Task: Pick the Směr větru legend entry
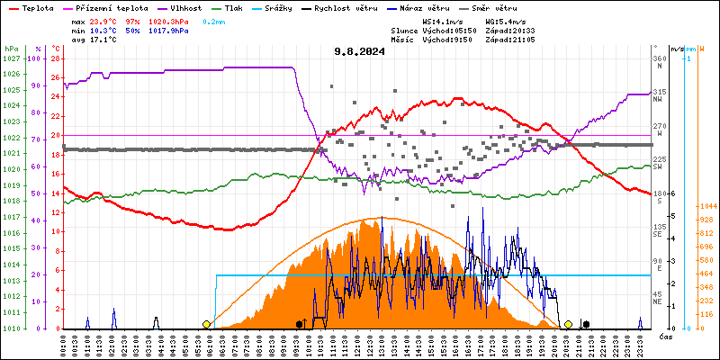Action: click(491, 7)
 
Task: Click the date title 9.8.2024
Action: click(358, 51)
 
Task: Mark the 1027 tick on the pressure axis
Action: click(11, 58)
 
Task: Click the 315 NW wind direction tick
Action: click(660, 92)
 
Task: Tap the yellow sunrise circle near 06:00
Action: click(206, 324)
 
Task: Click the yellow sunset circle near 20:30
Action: click(568, 324)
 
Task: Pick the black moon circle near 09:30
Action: click(299, 324)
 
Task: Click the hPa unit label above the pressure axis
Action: click(11, 48)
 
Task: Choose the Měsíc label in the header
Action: click(403, 39)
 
